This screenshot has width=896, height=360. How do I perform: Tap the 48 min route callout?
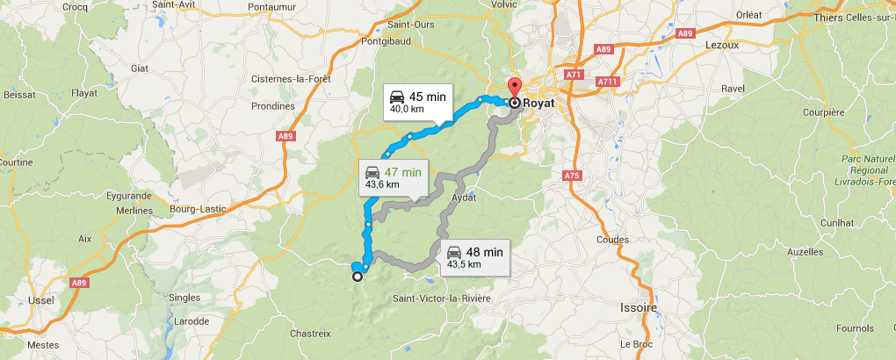coord(473,256)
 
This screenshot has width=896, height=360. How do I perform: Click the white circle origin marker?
coord(358,277)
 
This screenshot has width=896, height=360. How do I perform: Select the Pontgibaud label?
coord(410,41)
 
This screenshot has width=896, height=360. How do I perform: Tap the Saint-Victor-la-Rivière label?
coord(442,299)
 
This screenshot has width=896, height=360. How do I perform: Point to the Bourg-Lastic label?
coord(199,209)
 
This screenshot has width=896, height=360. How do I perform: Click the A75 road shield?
coord(572,176)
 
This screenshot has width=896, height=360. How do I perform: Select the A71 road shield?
coord(574,76)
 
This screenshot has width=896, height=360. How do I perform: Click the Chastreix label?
coord(309,334)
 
